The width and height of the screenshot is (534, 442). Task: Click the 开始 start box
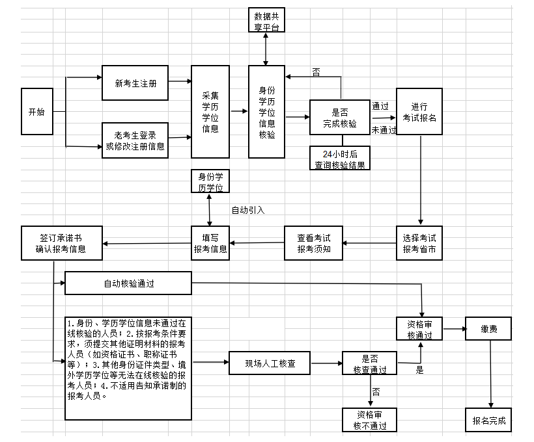37,111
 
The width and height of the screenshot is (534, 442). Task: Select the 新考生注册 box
135,83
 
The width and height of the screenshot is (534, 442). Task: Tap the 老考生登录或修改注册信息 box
135,140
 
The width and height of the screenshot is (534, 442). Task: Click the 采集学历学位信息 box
210,112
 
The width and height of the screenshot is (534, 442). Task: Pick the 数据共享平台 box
267,19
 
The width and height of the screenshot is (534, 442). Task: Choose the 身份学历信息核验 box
267,112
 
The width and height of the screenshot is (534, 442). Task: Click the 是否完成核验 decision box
340,118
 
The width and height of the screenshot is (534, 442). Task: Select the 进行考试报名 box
424,111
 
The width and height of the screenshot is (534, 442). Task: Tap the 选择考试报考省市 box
419,243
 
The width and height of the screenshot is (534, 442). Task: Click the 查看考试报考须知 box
315,243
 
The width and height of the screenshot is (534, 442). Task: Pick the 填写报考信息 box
210,243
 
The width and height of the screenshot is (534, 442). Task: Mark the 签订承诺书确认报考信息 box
61,243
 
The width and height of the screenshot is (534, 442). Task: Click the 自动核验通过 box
129,283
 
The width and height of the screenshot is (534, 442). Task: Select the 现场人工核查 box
269,363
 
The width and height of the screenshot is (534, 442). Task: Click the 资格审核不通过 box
369,420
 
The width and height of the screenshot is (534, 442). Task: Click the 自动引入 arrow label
248,210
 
